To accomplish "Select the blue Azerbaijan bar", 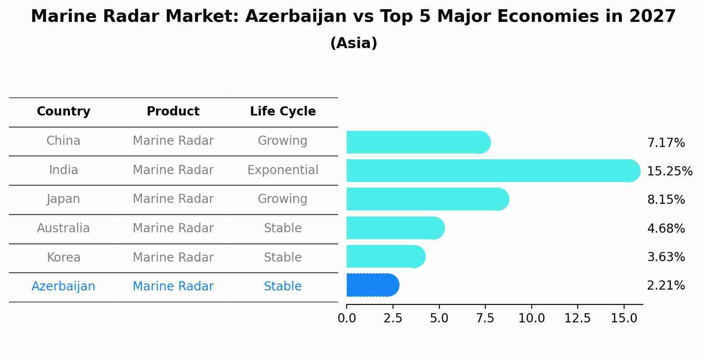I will coord(372,285).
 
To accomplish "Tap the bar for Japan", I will coord(427,199).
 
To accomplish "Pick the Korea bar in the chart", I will coord(385,256).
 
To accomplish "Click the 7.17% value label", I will coord(666,143).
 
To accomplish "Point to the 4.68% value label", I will coord(666,228).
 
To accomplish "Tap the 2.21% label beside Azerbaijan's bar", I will coord(666,286).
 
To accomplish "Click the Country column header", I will coord(63,112).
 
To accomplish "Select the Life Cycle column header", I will coord(283,112).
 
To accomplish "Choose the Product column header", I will coord(173,112).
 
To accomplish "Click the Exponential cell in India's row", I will coord(283,170).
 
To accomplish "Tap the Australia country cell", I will coord(63,228).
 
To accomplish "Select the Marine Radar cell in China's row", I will coord(173,141).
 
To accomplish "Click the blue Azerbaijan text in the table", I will coord(63,287).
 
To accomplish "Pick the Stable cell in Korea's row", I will coord(283,257).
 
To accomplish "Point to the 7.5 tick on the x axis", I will coord(485,318).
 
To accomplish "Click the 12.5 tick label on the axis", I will coord(577,318).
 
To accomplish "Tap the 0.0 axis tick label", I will coord(347,318).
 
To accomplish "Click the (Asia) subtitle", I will coord(354,43).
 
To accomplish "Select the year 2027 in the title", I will coord(653,17).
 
